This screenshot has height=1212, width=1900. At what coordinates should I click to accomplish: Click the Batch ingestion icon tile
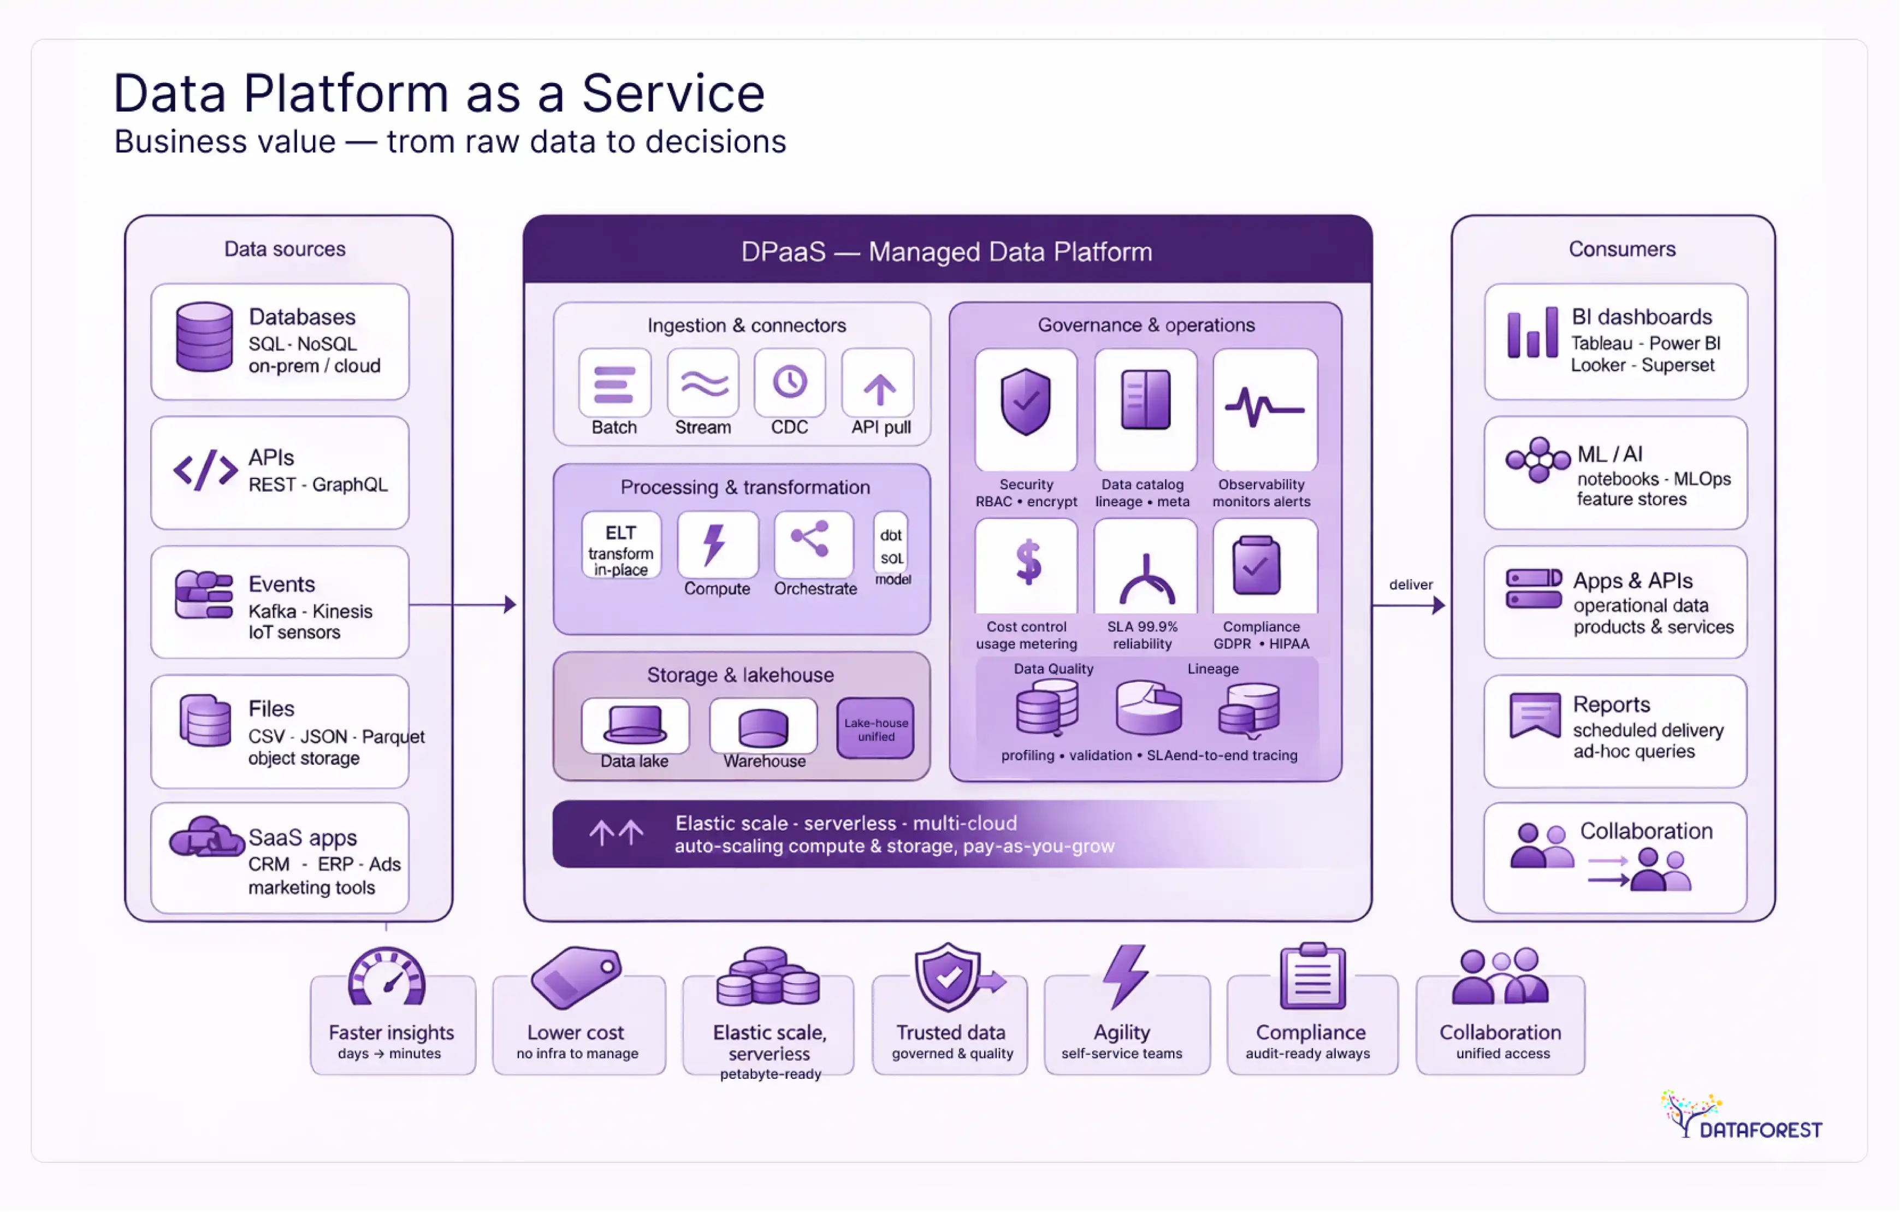pos(614,383)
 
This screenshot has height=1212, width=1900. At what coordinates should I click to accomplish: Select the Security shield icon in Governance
pos(1025,403)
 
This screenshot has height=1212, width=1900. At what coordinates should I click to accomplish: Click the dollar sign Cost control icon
pos(1027,562)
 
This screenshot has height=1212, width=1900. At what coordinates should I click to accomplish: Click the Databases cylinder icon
pos(204,337)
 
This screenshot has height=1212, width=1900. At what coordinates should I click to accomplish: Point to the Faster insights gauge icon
pos(387,978)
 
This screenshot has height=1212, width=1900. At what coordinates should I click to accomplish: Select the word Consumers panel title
pos(1621,250)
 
